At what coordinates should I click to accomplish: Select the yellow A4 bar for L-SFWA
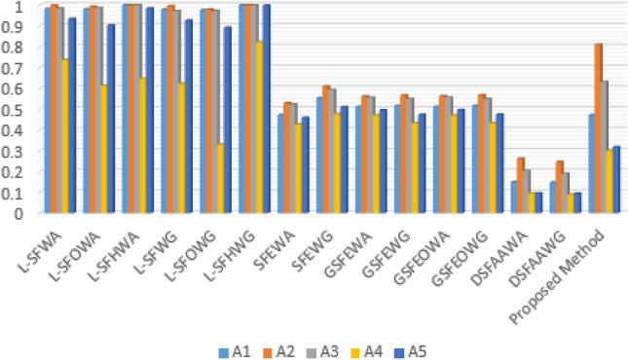click(x=65, y=136)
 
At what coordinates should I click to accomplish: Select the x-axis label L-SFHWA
click(x=127, y=252)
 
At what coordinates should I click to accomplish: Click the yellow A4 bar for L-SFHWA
click(x=144, y=146)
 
